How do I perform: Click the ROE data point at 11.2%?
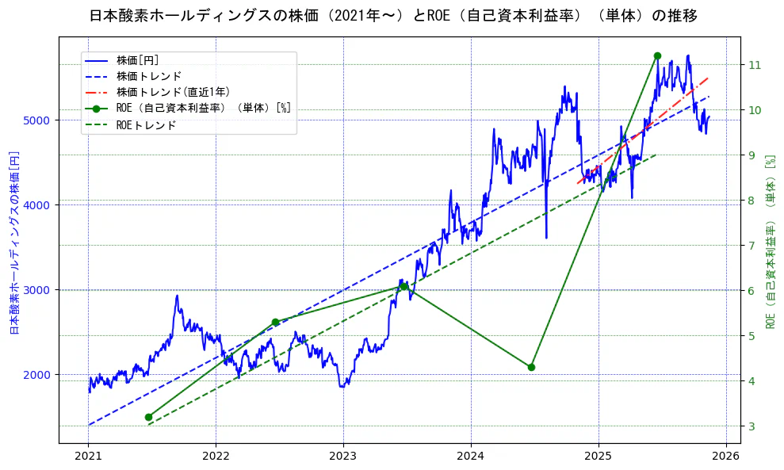pos(657,55)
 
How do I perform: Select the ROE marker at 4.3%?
pos(531,367)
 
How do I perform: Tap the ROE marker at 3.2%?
pos(148,417)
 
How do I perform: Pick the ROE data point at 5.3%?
pos(275,322)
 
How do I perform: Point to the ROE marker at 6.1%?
pos(403,286)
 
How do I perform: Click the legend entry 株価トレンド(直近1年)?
pos(173,92)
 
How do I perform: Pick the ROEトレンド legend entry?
pos(146,125)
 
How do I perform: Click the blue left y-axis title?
pos(13,242)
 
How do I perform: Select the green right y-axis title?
pos(770,242)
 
